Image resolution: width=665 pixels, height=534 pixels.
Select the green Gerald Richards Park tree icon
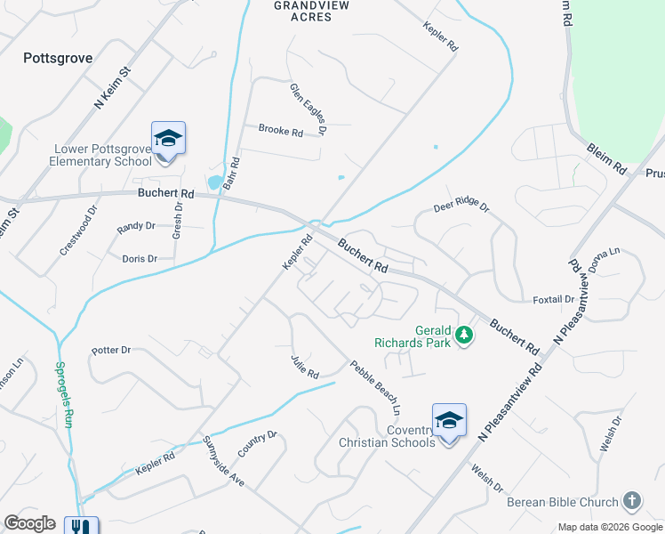[x=462, y=336]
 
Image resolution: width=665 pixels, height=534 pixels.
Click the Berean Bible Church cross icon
[x=632, y=501]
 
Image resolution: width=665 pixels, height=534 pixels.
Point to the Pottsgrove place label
[x=58, y=57]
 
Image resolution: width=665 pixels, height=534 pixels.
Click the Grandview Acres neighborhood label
[x=311, y=11]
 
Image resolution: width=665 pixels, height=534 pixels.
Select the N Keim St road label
[x=112, y=86]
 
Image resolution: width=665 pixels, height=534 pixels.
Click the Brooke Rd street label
[x=281, y=131]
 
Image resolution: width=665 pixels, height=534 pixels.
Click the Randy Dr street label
[x=137, y=229]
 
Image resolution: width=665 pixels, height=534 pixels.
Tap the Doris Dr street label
[x=140, y=259]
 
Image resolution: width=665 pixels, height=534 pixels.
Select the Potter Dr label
[x=111, y=351]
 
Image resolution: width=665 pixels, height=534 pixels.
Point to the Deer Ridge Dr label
[x=461, y=207]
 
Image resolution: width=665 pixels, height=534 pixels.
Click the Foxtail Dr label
[x=553, y=299]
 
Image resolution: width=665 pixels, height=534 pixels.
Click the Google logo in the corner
[x=29, y=523]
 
